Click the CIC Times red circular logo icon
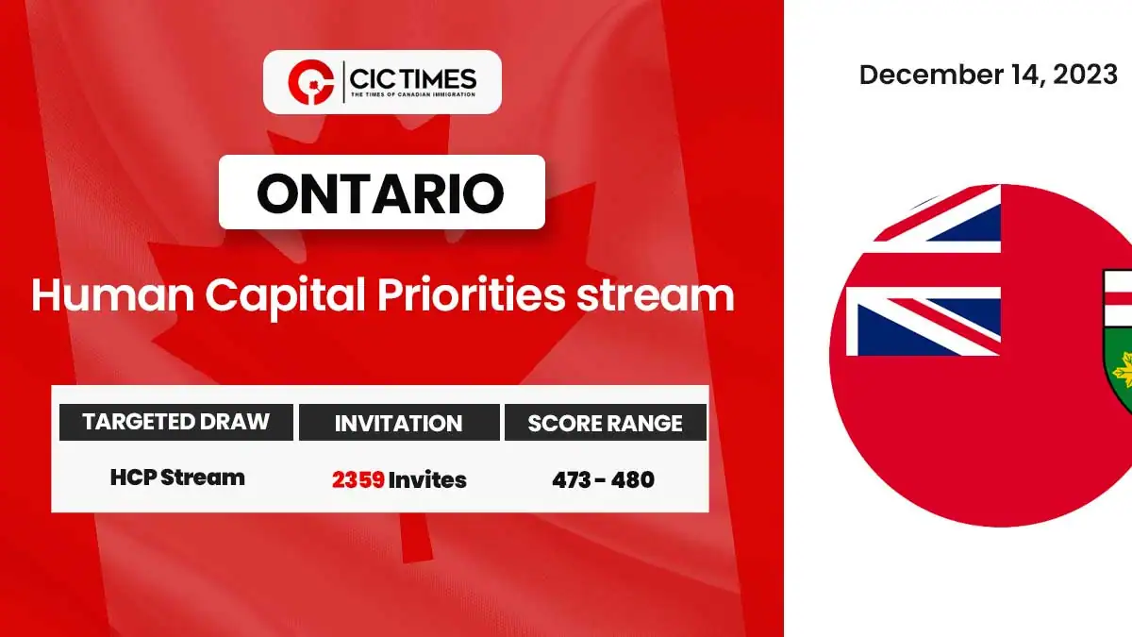(x=310, y=82)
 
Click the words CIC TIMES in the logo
(x=413, y=79)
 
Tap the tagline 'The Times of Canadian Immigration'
(x=413, y=94)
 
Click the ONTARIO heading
(x=380, y=193)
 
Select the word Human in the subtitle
(x=112, y=294)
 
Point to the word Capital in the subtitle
(x=285, y=298)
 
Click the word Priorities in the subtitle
(x=471, y=294)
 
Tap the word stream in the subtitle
(x=656, y=296)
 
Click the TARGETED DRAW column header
(x=175, y=422)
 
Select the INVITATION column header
(x=399, y=423)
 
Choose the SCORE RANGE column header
(x=606, y=423)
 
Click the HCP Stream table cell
(x=177, y=478)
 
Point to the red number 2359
(x=358, y=479)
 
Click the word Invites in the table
(x=427, y=479)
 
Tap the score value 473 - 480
(x=604, y=479)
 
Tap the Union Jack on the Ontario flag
(x=924, y=271)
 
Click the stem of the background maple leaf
(x=416, y=537)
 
